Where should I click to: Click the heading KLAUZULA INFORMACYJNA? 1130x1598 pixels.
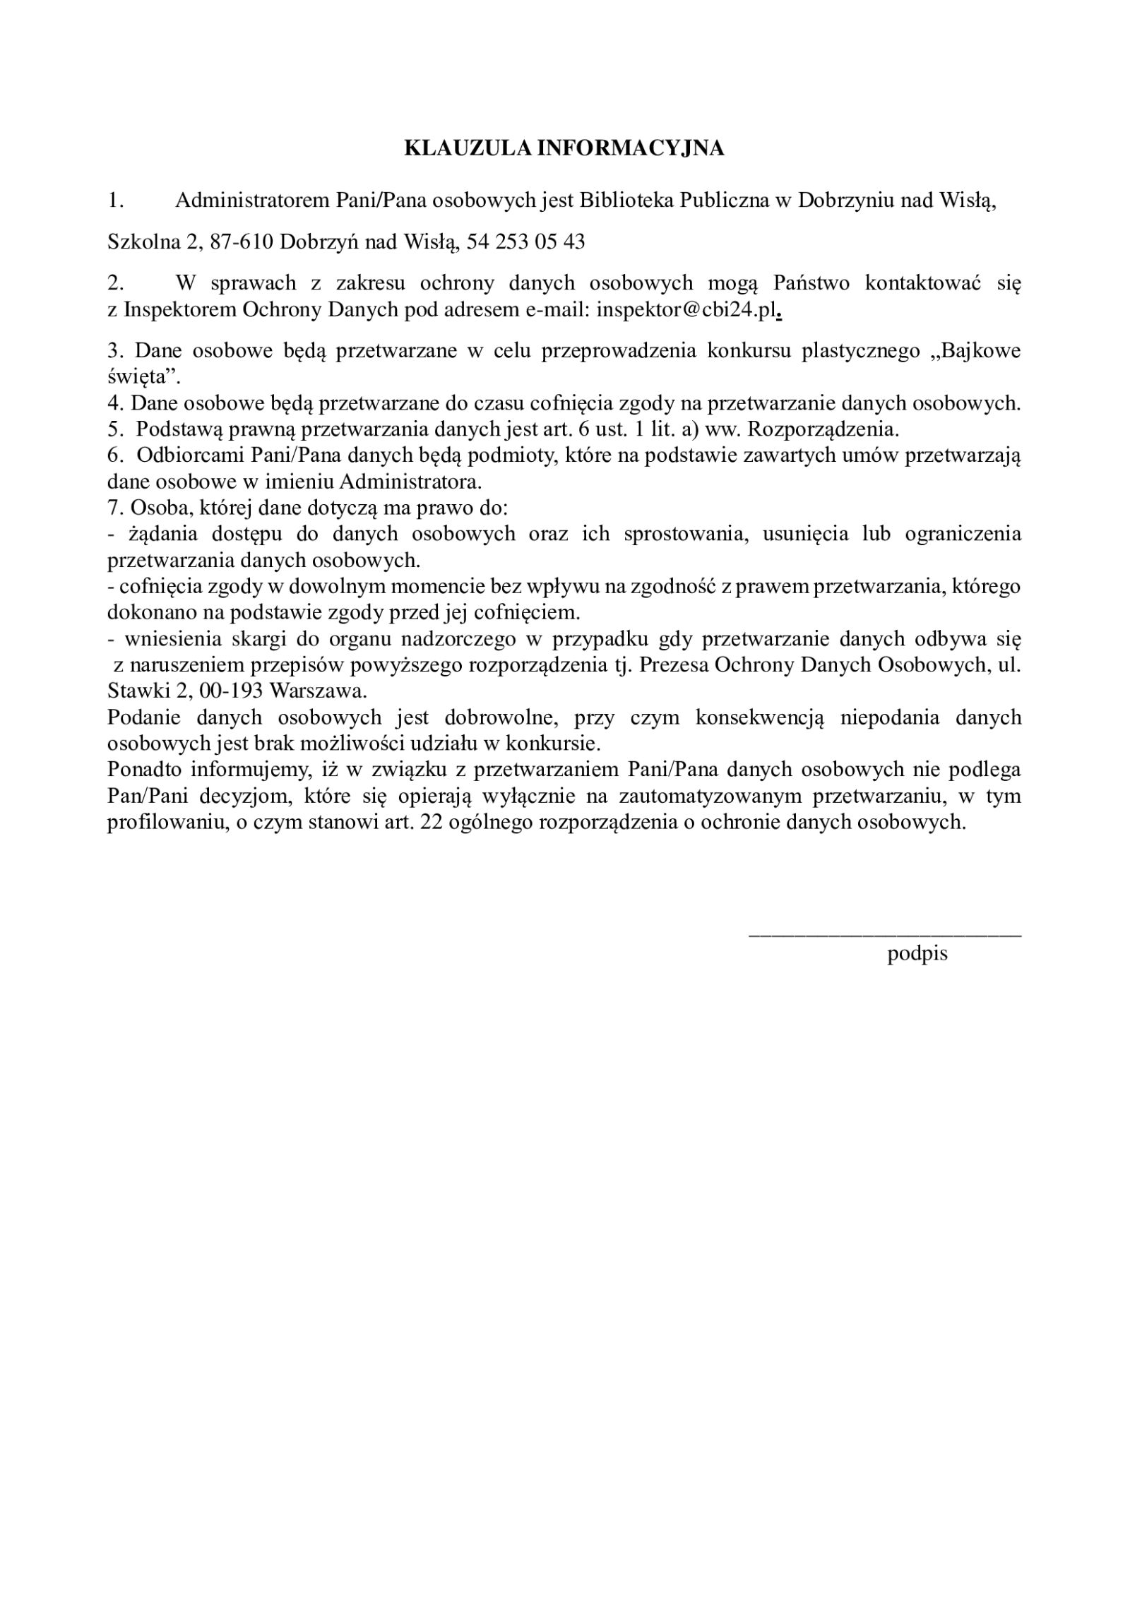[x=564, y=148]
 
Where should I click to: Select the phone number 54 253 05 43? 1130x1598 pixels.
[x=526, y=242]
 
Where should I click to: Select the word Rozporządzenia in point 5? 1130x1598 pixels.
[x=823, y=429]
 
